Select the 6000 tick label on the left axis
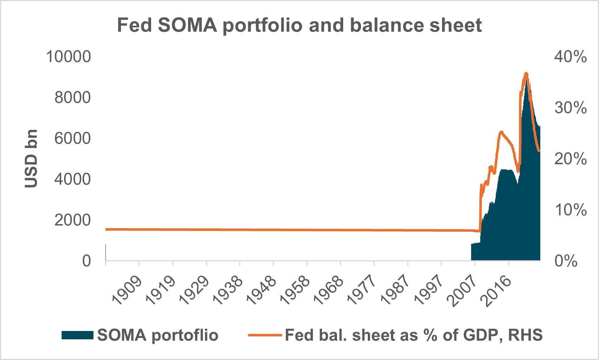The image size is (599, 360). pos(72,138)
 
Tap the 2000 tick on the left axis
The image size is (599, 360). pos(72,220)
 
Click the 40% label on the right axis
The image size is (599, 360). pos(570,57)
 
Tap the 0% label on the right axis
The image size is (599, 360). pos(566,261)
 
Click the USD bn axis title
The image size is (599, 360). pos(31,158)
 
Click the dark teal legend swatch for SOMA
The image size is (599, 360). pos(77,335)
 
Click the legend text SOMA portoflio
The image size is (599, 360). pos(158,335)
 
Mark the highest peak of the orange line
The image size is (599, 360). pos(526,74)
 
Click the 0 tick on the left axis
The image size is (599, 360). pos(86,261)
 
